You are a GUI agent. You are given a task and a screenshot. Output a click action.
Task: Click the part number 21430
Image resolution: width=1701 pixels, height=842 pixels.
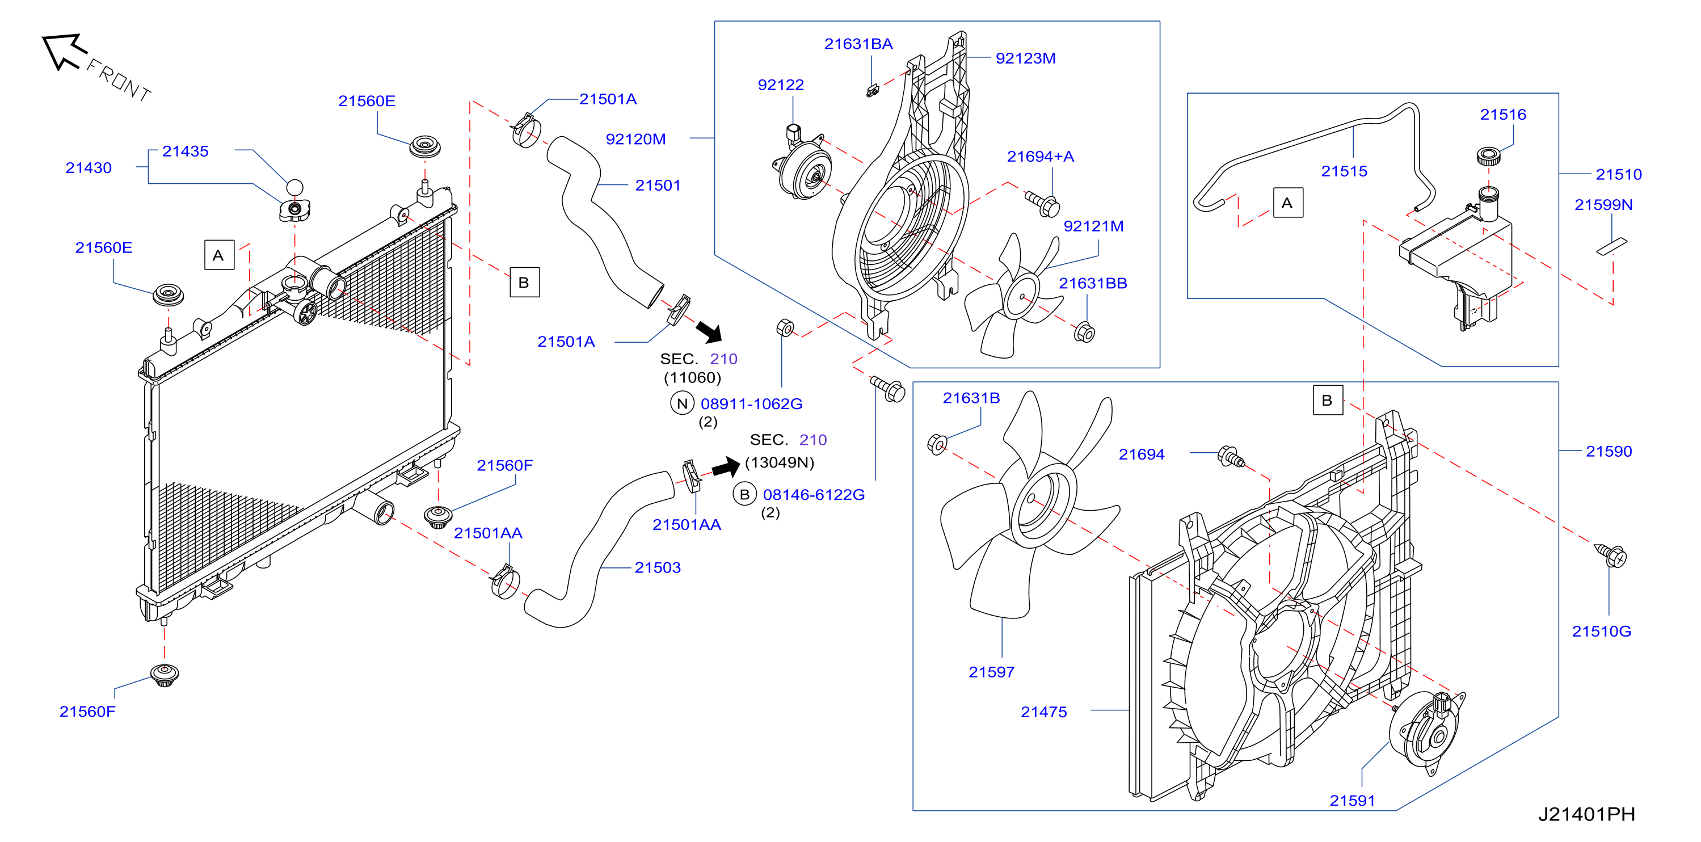[x=89, y=168]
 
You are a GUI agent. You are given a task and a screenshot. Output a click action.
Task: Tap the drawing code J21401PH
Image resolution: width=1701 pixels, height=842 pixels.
[x=1586, y=814]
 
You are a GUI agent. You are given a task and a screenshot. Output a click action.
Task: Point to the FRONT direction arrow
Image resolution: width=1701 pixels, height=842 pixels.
[x=64, y=51]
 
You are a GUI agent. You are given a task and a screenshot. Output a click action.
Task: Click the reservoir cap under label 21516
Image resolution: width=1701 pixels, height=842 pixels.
[x=1488, y=157]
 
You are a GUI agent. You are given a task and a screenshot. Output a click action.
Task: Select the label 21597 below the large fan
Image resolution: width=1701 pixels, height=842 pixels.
[x=991, y=672]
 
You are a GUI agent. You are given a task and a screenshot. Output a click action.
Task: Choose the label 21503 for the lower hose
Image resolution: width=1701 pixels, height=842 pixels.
[x=657, y=568]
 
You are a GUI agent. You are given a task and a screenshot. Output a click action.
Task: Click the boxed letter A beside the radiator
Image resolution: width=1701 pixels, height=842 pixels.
[x=218, y=255]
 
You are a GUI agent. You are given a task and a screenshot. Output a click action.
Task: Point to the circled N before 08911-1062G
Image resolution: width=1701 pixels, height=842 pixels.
[x=682, y=403]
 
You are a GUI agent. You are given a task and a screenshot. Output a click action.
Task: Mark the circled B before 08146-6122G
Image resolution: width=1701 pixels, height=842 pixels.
[x=744, y=495]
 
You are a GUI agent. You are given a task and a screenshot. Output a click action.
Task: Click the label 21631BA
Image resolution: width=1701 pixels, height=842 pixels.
[x=858, y=44]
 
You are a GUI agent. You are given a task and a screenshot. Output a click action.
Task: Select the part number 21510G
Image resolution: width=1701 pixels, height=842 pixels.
[x=1601, y=631]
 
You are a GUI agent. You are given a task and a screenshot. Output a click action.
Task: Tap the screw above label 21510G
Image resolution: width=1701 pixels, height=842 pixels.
[x=1611, y=555]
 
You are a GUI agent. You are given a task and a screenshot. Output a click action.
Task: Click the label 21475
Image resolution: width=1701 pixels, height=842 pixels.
[x=1043, y=712]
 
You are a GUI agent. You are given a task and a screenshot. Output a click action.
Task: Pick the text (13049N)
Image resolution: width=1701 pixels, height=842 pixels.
[x=779, y=462]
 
